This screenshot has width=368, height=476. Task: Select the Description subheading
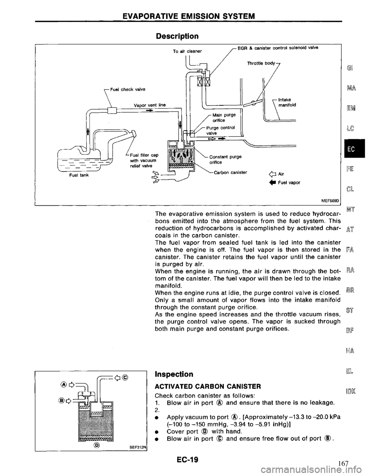tap(179, 36)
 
